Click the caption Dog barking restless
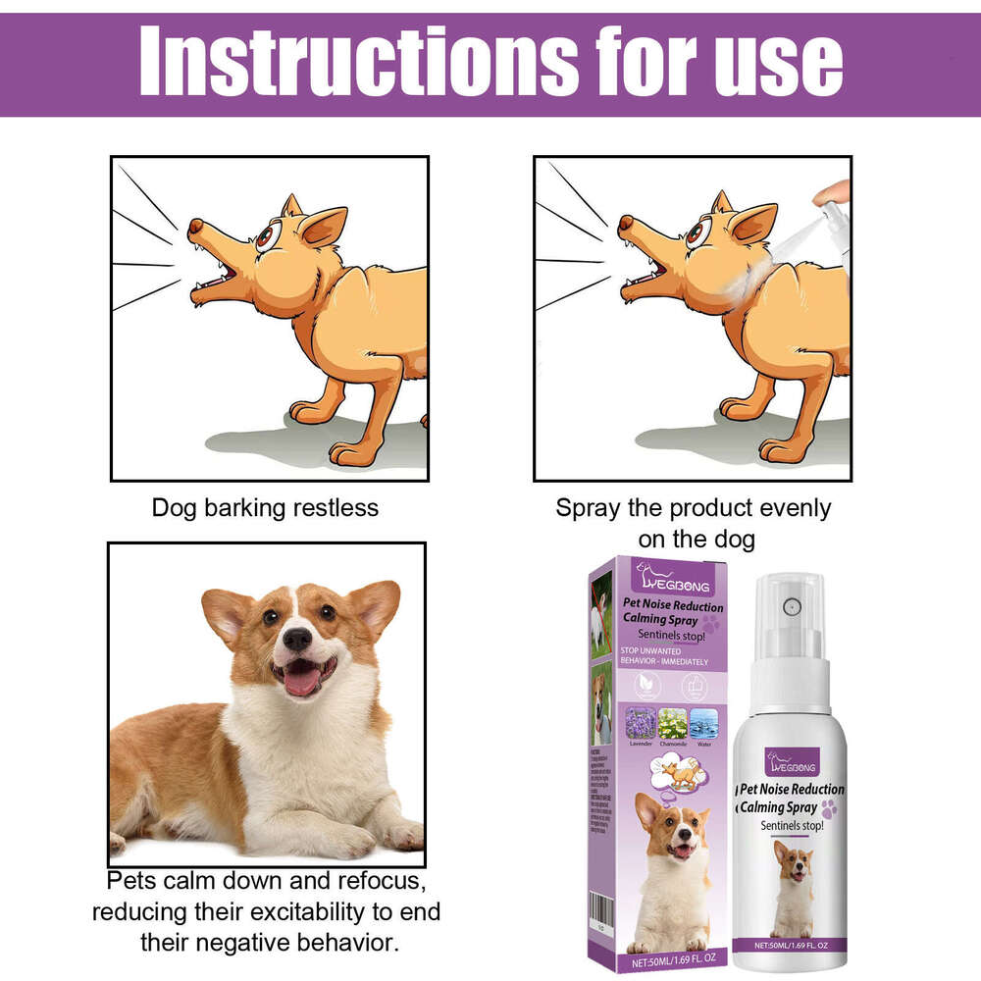tap(265, 508)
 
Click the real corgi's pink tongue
tap(302, 680)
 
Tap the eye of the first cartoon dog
tap(264, 236)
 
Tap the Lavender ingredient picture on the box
tap(641, 723)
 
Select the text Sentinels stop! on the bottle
tap(790, 827)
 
